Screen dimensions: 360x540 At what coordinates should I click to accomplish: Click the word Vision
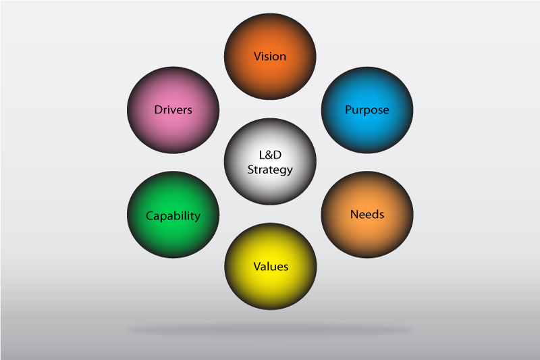(270, 56)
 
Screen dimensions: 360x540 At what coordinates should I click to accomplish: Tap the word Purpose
(367, 109)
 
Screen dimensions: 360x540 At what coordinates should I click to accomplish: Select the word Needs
(367, 215)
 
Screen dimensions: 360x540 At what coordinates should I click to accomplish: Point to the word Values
(270, 267)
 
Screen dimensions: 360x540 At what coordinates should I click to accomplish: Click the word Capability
(173, 216)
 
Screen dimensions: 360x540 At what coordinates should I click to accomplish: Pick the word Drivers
(173, 109)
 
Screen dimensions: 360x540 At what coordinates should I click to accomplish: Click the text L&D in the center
(270, 155)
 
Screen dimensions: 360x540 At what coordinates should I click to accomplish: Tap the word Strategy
(270, 170)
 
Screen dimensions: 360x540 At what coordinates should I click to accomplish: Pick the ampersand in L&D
(270, 155)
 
